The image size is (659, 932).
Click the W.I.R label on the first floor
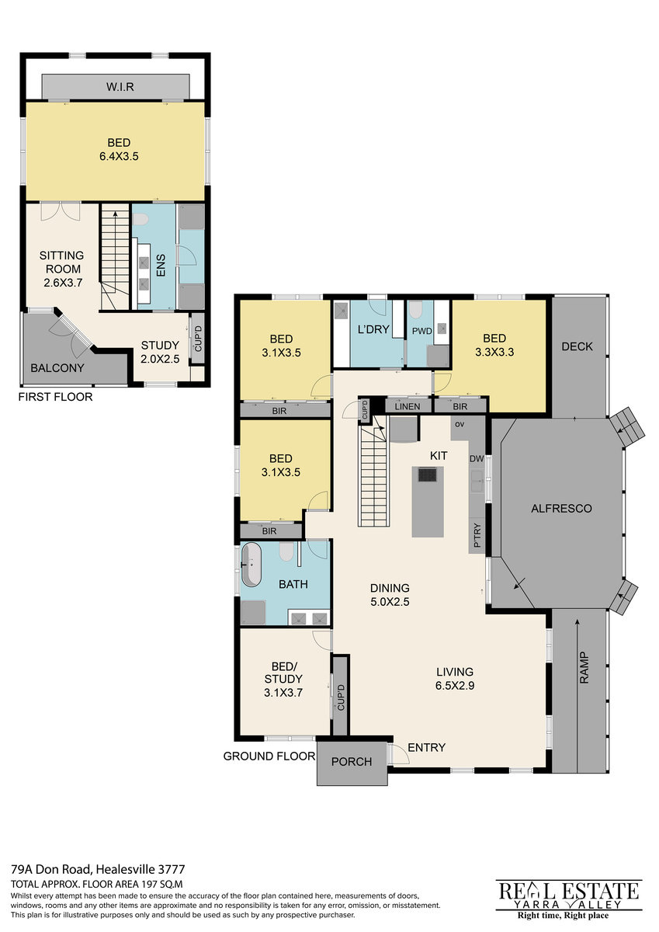(x=120, y=87)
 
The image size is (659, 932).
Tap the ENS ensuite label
(x=161, y=265)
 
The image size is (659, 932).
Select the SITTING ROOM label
(x=61, y=263)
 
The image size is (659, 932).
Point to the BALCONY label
(x=57, y=368)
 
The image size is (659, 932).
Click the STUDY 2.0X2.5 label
(x=160, y=352)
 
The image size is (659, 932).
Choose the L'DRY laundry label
(x=373, y=329)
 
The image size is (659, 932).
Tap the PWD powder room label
(x=422, y=331)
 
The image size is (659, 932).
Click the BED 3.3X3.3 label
(x=494, y=345)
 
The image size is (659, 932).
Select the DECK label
(x=577, y=346)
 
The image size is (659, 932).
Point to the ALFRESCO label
(x=561, y=508)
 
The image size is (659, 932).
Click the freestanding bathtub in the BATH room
(x=251, y=564)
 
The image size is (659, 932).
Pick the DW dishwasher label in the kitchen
(x=477, y=458)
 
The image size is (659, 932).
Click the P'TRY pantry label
(x=477, y=535)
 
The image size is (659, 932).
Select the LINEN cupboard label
(x=407, y=406)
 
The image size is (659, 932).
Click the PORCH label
(x=352, y=761)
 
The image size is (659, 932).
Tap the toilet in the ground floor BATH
(x=286, y=551)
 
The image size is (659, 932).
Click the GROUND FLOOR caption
(x=269, y=756)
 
